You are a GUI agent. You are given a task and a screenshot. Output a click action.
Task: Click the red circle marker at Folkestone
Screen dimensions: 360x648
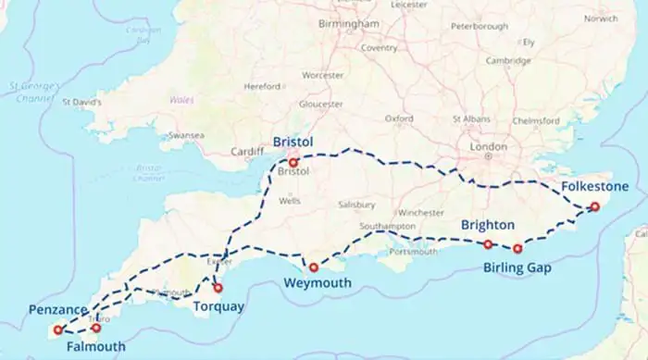(x=595, y=207)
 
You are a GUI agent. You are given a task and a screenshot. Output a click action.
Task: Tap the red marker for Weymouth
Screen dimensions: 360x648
(x=314, y=267)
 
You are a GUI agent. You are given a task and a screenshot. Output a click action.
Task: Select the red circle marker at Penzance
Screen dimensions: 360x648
(x=58, y=329)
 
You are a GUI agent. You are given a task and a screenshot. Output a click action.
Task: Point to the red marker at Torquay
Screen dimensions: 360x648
(x=218, y=288)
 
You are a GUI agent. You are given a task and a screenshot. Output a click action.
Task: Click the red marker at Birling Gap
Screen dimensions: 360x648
(x=517, y=248)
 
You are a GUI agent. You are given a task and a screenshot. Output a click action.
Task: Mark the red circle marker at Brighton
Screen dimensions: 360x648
(x=488, y=244)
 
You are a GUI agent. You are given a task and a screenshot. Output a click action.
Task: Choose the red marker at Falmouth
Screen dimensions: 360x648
(x=96, y=328)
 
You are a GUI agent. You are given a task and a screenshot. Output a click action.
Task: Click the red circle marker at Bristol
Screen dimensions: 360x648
(x=293, y=163)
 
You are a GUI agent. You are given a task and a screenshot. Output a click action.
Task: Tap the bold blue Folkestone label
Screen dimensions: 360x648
(x=594, y=187)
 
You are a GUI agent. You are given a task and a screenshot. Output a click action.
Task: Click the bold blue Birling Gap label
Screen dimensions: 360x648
(x=517, y=268)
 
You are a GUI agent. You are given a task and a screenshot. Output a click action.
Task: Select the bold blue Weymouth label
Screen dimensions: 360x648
(x=316, y=282)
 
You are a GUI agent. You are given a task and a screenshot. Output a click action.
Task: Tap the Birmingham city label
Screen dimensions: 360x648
(x=348, y=23)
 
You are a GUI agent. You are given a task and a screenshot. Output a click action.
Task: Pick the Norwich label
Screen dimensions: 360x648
(x=601, y=19)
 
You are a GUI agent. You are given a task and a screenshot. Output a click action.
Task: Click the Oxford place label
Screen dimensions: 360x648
(x=399, y=118)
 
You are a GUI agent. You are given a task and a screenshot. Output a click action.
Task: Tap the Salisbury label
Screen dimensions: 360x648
(x=356, y=205)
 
